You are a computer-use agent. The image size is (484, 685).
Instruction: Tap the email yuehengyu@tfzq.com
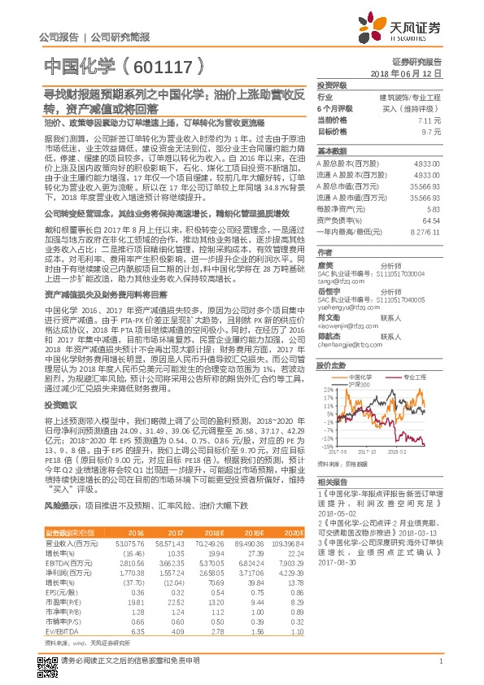(x=347, y=308)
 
